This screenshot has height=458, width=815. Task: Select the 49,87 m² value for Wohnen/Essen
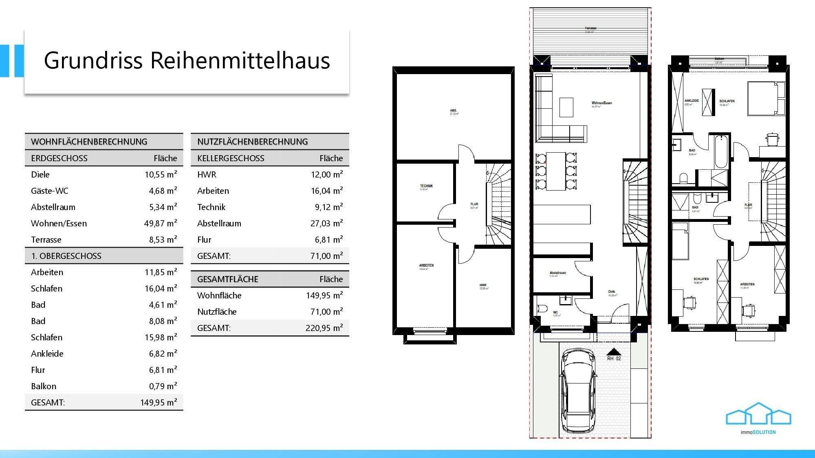click(161, 224)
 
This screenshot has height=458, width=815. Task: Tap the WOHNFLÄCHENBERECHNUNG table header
click(89, 142)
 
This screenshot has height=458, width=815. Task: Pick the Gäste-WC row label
click(50, 191)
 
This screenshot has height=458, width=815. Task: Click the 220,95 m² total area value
click(324, 328)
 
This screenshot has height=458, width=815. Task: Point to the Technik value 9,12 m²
click(328, 207)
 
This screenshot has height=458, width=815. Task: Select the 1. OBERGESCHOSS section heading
click(66, 256)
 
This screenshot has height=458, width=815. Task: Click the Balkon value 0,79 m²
click(163, 386)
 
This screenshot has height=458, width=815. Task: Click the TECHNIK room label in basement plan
click(426, 186)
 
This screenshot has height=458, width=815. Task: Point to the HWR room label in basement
click(483, 285)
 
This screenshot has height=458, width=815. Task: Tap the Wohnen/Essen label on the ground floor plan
click(601, 103)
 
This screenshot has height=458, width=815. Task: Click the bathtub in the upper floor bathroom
click(721, 152)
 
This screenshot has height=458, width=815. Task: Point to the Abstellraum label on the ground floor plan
click(557, 273)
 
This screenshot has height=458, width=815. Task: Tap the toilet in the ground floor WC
click(542, 309)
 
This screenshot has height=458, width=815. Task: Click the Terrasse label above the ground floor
click(590, 28)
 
